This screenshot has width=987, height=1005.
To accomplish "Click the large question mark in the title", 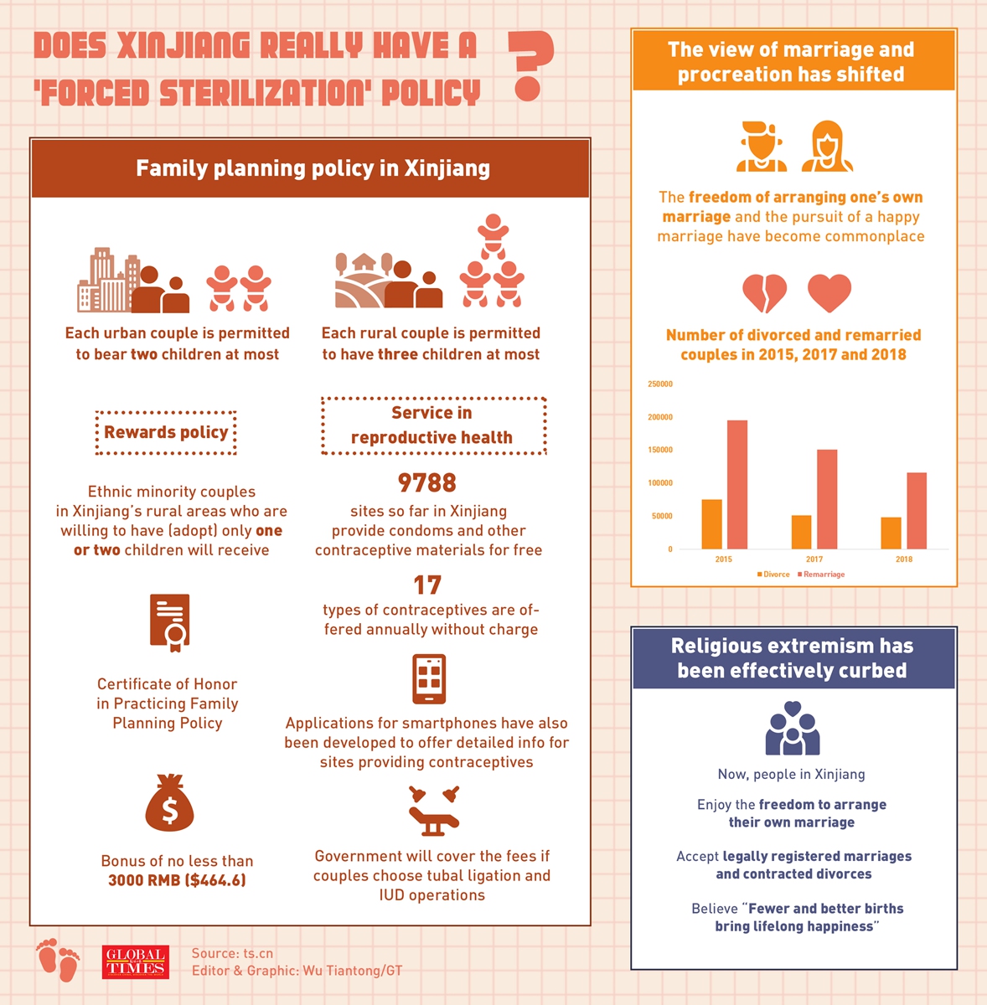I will click(x=530, y=66).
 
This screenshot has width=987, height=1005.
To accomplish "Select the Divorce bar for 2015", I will click(x=711, y=524).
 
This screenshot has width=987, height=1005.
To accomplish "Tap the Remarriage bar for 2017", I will click(x=827, y=499).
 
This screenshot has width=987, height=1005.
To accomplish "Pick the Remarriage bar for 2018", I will click(x=917, y=511).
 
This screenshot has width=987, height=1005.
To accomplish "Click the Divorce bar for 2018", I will click(x=891, y=533).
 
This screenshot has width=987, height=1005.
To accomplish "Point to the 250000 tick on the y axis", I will click(x=660, y=384).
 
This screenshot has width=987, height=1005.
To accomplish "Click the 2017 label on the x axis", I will click(x=814, y=559).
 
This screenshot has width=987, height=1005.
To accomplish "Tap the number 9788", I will click(x=427, y=483).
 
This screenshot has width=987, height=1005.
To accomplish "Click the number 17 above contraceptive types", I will click(x=427, y=585).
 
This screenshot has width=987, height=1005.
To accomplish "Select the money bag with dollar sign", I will click(x=169, y=803).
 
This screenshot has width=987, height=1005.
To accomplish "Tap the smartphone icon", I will click(x=429, y=678).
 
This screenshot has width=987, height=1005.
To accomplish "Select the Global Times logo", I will click(x=136, y=962).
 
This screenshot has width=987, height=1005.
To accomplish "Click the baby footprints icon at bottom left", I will click(x=58, y=960).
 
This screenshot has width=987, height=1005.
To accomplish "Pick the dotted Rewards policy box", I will click(x=166, y=432).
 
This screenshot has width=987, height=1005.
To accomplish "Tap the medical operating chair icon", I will click(x=433, y=812).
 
